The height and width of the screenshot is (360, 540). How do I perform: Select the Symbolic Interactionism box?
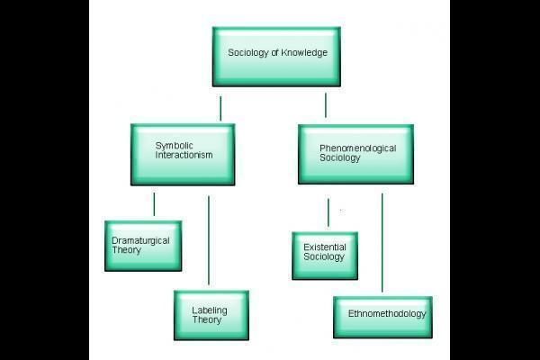(182, 154)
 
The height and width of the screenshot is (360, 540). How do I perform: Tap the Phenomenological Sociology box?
(355, 154)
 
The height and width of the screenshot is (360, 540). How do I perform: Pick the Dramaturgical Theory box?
(142, 245)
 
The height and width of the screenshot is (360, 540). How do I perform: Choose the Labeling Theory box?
(211, 315)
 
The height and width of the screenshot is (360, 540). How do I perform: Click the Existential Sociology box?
(324, 256)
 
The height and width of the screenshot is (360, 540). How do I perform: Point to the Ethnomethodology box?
(383, 316)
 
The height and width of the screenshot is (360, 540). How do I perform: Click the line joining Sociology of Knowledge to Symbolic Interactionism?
(220, 108)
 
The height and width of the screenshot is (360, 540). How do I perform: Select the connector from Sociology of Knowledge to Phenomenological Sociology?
(325, 105)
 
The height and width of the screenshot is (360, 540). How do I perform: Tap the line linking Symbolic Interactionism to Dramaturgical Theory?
(154, 203)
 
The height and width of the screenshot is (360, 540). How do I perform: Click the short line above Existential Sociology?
(328, 212)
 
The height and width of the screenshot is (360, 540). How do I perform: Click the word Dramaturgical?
(140, 240)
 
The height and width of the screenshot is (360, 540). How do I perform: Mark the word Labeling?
(210, 310)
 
